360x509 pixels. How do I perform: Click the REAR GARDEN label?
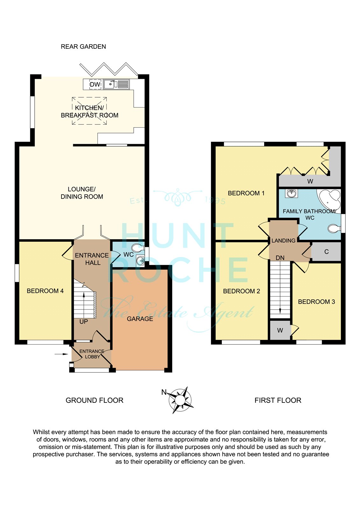pyautogui.click(x=83, y=46)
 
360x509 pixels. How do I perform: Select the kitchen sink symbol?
pyautogui.click(x=116, y=84)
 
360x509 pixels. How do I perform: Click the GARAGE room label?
pyautogui.click(x=140, y=319)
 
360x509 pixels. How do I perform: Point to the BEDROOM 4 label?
pyautogui.click(x=45, y=291)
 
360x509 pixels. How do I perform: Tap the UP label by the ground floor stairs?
pyautogui.click(x=84, y=322)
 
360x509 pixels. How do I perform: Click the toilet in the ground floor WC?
pyautogui.click(x=138, y=248)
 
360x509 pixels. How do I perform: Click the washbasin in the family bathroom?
pyautogui.click(x=292, y=193)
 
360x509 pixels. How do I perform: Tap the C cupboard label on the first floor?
pyautogui.click(x=326, y=252)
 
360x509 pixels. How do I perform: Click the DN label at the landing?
pyautogui.click(x=280, y=258)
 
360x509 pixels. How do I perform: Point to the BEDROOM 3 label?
pyautogui.click(x=316, y=302)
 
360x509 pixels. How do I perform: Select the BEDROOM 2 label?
pyautogui.click(x=241, y=291)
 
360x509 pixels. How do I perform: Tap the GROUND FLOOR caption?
pyautogui.click(x=95, y=400)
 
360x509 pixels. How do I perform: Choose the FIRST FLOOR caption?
pyautogui.click(x=278, y=400)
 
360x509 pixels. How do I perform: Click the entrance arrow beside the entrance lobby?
pyautogui.click(x=61, y=354)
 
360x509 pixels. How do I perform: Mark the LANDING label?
pyautogui.click(x=283, y=241)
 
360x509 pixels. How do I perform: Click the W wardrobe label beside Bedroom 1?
pyautogui.click(x=310, y=181)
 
